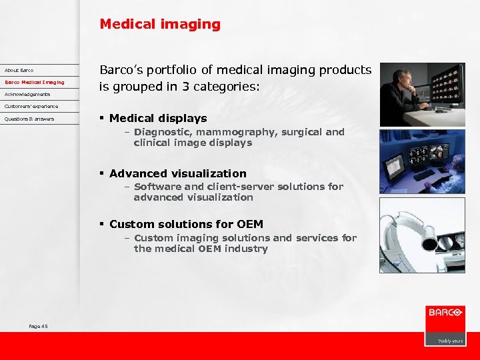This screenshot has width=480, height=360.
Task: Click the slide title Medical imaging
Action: [159, 25]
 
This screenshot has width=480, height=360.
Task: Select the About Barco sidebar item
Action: [19, 70]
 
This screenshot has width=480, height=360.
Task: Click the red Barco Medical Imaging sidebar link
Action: [35, 82]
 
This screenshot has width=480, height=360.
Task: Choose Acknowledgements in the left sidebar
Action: [27, 94]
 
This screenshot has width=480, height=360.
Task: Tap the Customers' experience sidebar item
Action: [31, 106]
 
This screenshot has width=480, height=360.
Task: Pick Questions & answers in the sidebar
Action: [29, 119]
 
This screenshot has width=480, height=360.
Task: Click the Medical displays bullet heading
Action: [158, 118]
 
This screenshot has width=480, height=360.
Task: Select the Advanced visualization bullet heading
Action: [177, 173]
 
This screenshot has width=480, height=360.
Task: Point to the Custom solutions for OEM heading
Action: [186, 224]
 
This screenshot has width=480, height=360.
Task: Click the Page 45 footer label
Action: [38, 326]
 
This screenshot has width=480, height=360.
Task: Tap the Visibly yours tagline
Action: [450, 340]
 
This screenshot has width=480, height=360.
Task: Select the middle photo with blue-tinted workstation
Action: [422, 161]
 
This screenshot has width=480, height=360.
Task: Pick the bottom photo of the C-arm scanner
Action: [422, 235]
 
